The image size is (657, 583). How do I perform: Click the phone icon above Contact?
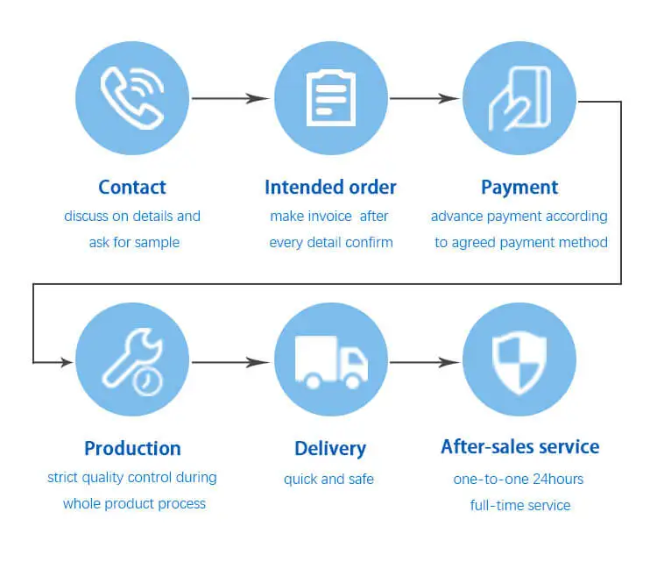[132, 98]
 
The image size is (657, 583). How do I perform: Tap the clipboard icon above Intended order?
[330, 98]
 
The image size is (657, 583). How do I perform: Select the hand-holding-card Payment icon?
[519, 98]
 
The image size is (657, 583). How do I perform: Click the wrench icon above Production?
[132, 359]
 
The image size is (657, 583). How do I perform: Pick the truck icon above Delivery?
[330, 360]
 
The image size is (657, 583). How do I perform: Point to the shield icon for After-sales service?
[519, 360]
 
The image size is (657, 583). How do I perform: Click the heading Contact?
[132, 187]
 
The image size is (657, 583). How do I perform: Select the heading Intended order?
[330, 187]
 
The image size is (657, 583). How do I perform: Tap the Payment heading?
[519, 187]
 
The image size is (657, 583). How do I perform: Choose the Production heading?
[132, 448]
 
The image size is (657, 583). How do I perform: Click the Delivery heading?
[330, 448]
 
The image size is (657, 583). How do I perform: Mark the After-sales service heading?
[519, 447]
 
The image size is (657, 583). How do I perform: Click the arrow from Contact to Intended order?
[230, 98]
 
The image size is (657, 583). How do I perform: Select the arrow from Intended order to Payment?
[424, 98]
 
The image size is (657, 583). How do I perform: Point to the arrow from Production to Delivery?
[230, 360]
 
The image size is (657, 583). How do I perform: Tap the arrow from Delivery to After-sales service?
[424, 360]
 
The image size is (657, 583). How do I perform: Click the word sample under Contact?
[158, 242]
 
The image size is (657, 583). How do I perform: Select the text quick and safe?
[328, 479]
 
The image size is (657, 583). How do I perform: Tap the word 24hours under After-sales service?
[554, 479]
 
